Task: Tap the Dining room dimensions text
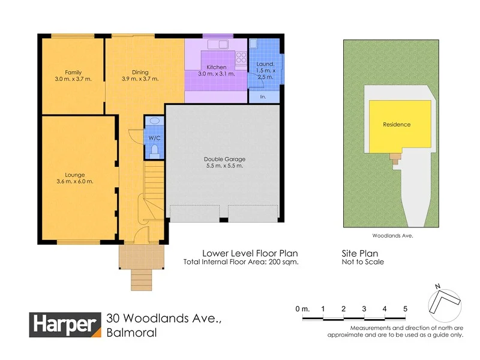click(x=140, y=79)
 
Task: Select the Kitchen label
click(x=217, y=67)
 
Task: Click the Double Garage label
click(x=224, y=159)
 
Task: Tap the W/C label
click(x=154, y=137)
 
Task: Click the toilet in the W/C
click(x=154, y=149)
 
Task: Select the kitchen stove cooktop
click(x=242, y=58)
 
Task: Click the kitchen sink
click(x=216, y=44)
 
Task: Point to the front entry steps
click(x=142, y=279)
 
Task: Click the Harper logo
click(x=65, y=325)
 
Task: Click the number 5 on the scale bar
click(x=405, y=308)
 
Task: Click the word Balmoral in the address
click(x=131, y=333)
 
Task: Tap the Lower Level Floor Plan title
click(x=250, y=253)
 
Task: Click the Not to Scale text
click(x=362, y=262)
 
